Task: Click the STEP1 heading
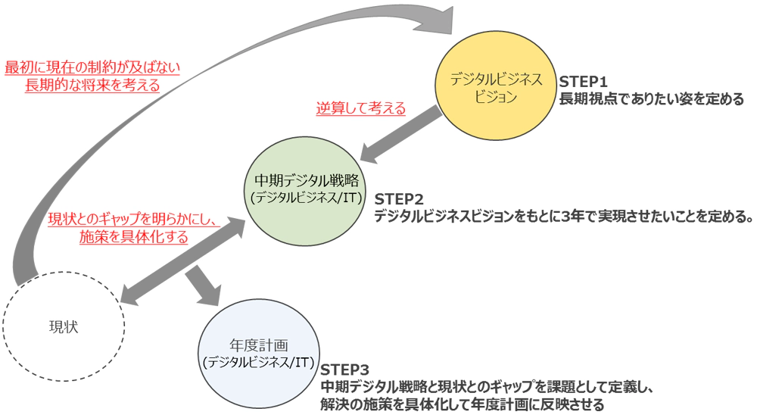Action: pos(584,81)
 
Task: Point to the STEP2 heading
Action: pos(399,198)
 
